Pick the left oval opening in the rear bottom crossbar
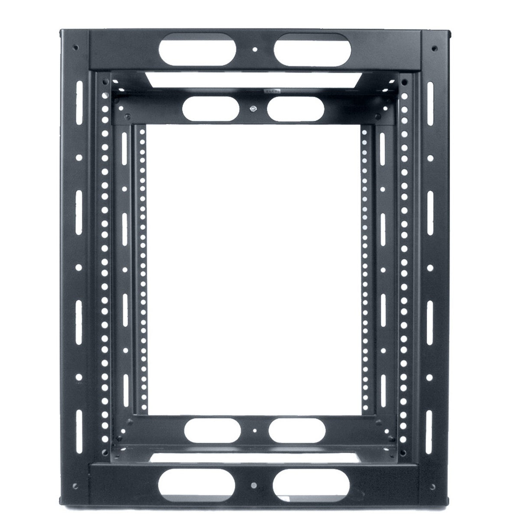[x=212, y=429]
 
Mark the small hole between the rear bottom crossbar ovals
[x=255, y=431]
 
